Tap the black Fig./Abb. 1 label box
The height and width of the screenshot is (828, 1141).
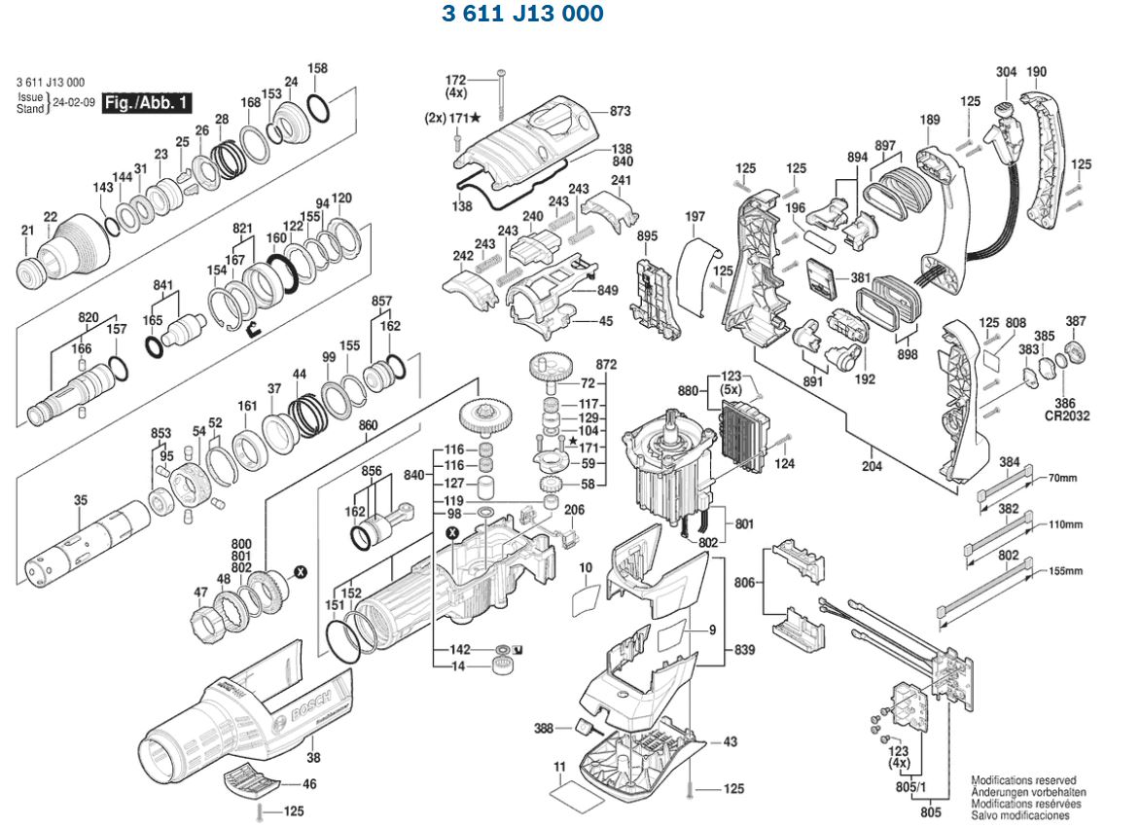tap(148, 101)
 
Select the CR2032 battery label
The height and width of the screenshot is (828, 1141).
tap(1067, 415)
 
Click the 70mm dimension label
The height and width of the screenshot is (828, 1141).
tap(1063, 478)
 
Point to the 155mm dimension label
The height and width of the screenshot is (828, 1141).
tap(1065, 571)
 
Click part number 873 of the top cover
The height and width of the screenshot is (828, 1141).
tap(621, 111)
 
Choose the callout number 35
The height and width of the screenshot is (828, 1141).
tap(80, 500)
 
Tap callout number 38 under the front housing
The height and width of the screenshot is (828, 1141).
tap(312, 757)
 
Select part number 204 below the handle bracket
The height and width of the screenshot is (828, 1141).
tap(872, 466)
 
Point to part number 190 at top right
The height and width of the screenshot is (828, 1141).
tap(1037, 71)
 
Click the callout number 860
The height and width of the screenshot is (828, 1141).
tap(368, 425)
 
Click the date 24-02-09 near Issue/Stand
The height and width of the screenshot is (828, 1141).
tap(73, 102)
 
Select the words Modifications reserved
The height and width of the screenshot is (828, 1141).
tap(1023, 780)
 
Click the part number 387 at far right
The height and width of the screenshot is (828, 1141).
tap(1076, 321)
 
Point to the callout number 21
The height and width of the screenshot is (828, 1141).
tap(27, 230)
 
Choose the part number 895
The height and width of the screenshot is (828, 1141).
tap(648, 236)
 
